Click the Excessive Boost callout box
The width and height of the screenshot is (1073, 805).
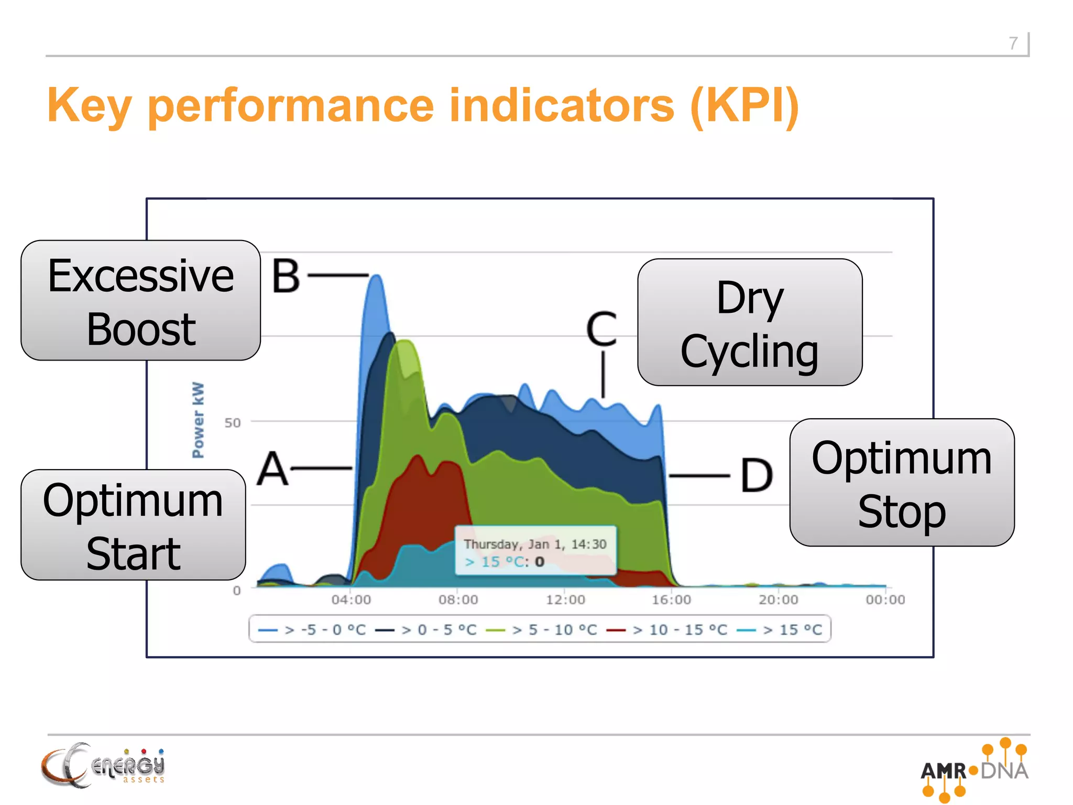[x=140, y=300]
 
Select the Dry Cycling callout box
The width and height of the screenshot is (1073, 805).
[x=749, y=322]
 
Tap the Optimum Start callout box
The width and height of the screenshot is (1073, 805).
[x=133, y=525]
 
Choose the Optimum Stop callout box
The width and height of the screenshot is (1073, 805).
[x=901, y=483]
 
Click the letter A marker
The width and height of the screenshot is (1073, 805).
[x=272, y=469]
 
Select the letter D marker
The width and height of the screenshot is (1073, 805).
[x=757, y=475]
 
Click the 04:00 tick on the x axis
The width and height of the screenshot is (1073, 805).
[x=351, y=600]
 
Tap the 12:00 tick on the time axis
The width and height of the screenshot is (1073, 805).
[x=565, y=600]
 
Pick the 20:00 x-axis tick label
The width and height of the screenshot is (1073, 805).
[x=779, y=600]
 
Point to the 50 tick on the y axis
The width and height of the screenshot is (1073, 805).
[x=233, y=423]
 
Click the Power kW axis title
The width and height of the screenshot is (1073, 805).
[x=198, y=420]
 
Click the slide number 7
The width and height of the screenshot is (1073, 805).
[x=1013, y=43]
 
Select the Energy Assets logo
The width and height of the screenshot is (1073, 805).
[x=103, y=765]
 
